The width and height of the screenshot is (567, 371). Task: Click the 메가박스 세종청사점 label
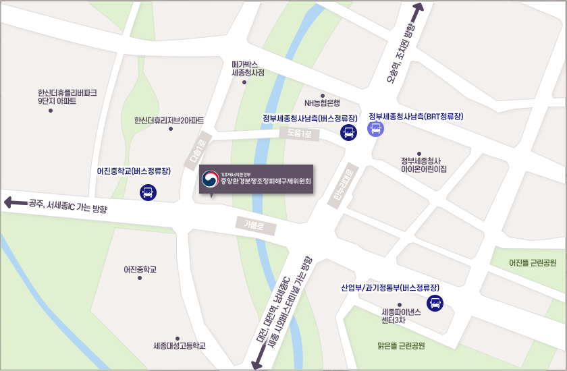(x=248, y=68)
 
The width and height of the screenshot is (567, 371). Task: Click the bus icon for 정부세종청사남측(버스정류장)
(x=348, y=133)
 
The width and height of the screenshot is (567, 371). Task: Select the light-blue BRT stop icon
(x=376, y=128)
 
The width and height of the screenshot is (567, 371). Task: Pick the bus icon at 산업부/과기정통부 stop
(x=435, y=303)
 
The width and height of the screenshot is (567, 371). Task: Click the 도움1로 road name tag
(x=298, y=134)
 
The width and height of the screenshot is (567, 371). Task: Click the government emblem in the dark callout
(x=211, y=179)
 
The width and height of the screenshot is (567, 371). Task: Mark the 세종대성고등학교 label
(x=179, y=346)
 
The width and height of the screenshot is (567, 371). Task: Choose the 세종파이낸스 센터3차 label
(x=402, y=316)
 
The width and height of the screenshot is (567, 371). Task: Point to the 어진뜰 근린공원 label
(x=533, y=262)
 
